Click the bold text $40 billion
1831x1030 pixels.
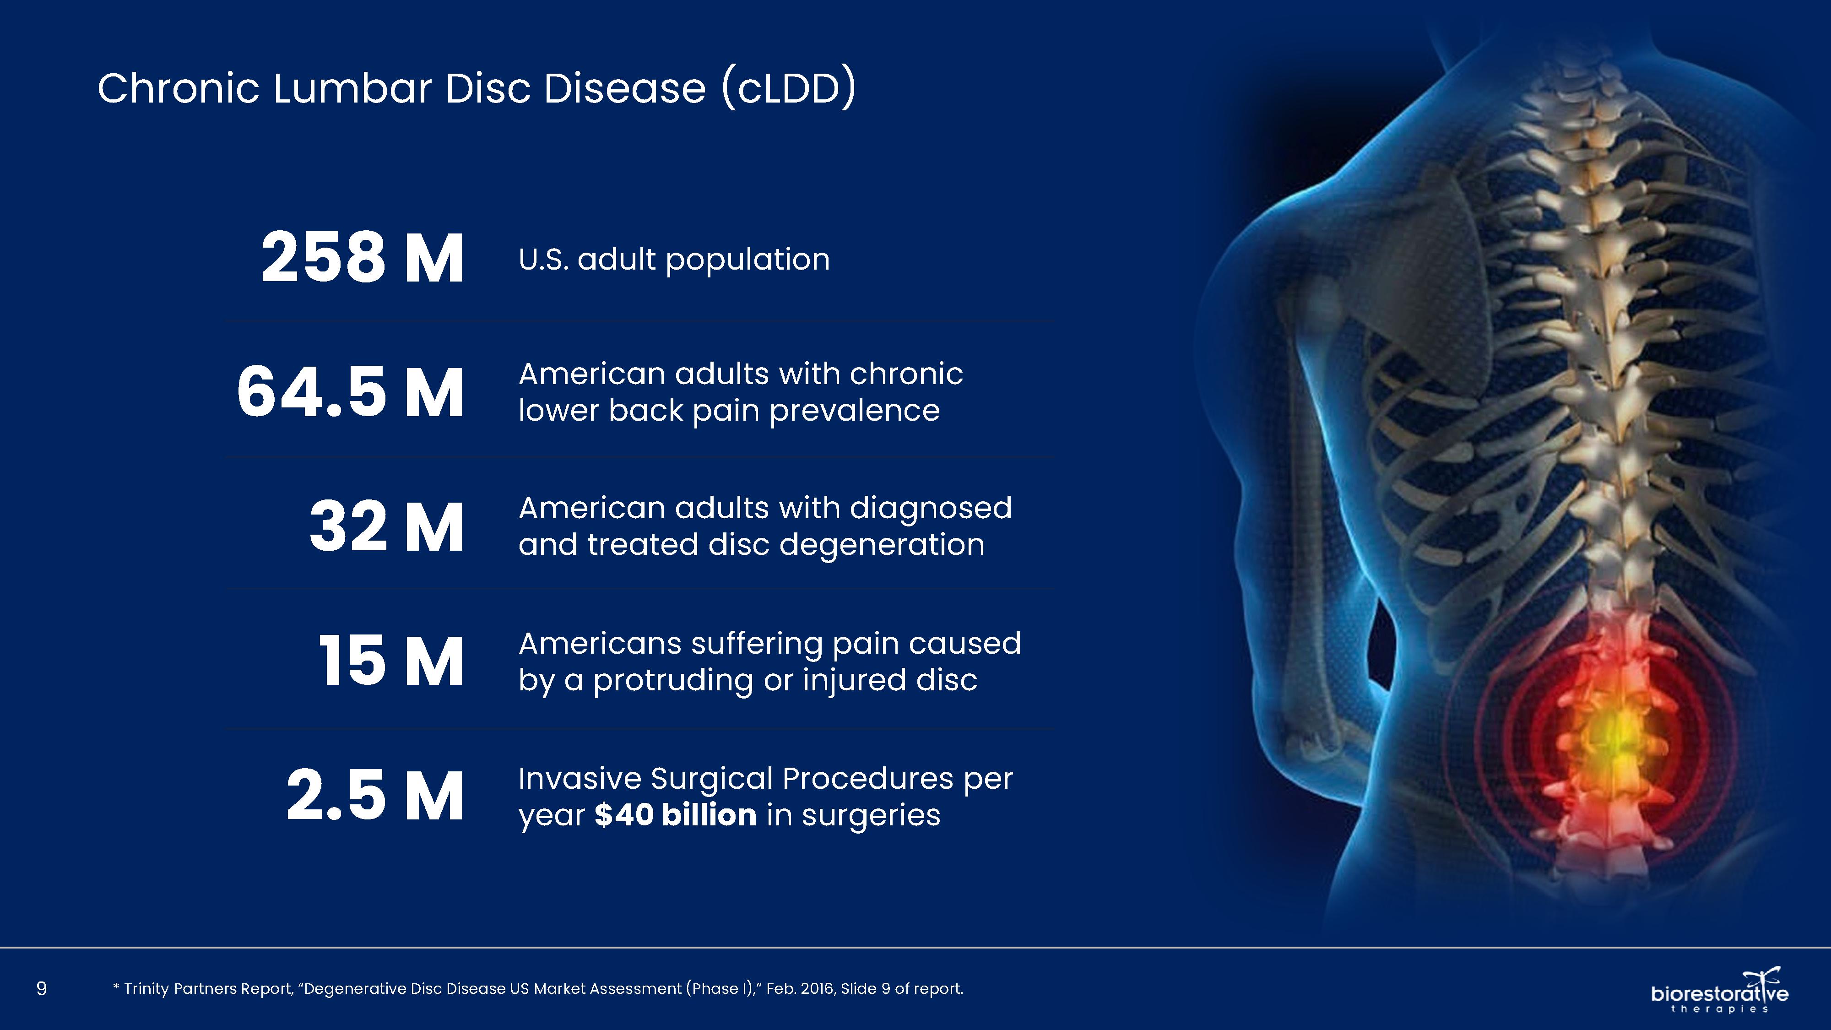coord(675,815)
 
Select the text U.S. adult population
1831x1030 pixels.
coord(674,260)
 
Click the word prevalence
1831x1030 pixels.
coord(854,411)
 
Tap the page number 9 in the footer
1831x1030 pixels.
coord(41,988)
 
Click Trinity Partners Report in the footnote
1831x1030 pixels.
coord(207,989)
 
